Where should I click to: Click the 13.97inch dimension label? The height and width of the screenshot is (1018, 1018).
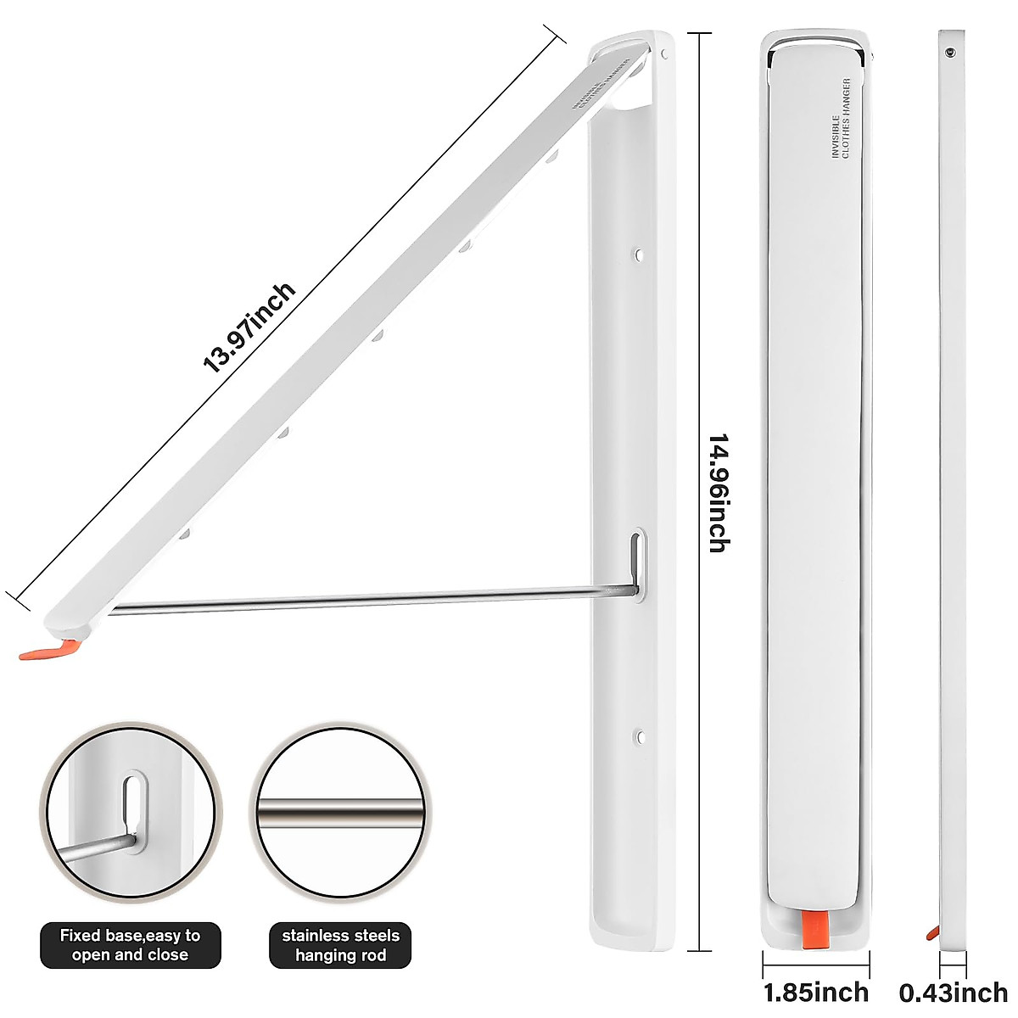pyautogui.click(x=249, y=328)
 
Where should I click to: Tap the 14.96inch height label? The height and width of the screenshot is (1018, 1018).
pyautogui.click(x=719, y=494)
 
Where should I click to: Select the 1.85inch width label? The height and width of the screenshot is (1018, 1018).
pyautogui.click(x=816, y=992)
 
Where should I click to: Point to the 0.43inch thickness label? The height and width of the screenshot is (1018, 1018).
pyautogui.click(x=954, y=992)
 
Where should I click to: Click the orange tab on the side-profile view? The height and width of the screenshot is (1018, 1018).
pyautogui.click(x=933, y=933)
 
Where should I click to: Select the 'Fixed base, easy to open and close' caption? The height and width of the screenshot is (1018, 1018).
pyautogui.click(x=130, y=945)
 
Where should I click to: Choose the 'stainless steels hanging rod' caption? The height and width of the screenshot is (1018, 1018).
pyautogui.click(x=340, y=945)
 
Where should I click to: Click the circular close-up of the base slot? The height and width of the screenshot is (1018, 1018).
pyautogui.click(x=131, y=814)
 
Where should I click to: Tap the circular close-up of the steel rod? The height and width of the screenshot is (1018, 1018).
pyautogui.click(x=340, y=814)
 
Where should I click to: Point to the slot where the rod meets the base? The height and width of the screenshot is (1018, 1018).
pyautogui.click(x=638, y=564)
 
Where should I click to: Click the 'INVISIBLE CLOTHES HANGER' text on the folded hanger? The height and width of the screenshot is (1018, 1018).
pyautogui.click(x=841, y=119)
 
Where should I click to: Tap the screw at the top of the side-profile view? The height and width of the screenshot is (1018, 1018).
pyautogui.click(x=950, y=53)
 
